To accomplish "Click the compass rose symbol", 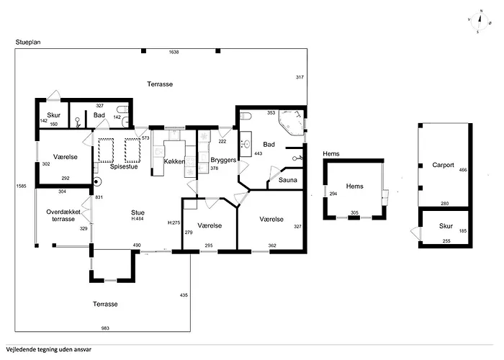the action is click(x=480, y=22).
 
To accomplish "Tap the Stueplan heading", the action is click(x=28, y=42).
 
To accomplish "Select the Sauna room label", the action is click(x=288, y=180).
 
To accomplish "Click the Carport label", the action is click(x=443, y=165).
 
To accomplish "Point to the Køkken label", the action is click(x=174, y=161).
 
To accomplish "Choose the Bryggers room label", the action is click(x=223, y=160).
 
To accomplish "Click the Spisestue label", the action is click(x=124, y=166).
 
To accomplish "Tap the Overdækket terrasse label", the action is click(x=63, y=215).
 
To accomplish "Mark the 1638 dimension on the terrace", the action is click(x=174, y=52).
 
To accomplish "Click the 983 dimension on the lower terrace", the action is click(x=105, y=328).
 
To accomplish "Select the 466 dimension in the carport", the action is click(x=463, y=170).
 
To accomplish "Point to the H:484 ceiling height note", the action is click(x=138, y=219).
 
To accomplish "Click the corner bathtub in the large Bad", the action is click(x=291, y=122).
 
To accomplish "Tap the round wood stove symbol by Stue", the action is click(x=96, y=182).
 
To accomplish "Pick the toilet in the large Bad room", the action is click(x=246, y=116).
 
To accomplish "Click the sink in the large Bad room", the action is click(x=246, y=144).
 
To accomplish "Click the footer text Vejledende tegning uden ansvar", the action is click(x=48, y=350).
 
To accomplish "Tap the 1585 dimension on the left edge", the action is click(x=21, y=186).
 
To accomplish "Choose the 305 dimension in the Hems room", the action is click(x=354, y=213).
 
